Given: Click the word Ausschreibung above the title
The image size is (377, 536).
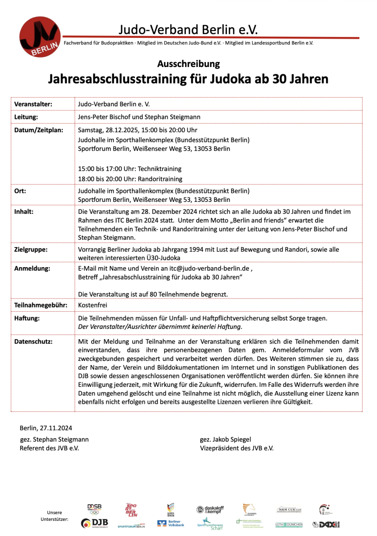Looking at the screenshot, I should (188, 64).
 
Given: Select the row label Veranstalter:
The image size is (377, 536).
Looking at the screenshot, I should (33, 104).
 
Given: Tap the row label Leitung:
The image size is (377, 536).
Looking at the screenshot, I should (27, 117).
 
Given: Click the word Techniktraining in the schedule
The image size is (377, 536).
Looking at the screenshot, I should (159, 169).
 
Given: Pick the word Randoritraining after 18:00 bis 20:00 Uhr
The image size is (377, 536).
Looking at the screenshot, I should (160, 179).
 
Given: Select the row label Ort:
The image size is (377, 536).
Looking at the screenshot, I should (21, 191).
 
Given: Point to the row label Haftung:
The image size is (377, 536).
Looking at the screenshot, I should (28, 318).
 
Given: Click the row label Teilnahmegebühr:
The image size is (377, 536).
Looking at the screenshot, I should (41, 305).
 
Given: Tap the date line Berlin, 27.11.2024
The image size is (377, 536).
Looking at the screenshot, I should (46, 428).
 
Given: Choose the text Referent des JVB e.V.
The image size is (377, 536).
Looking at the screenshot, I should (49, 448).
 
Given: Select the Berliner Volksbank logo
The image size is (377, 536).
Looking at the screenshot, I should (171, 523).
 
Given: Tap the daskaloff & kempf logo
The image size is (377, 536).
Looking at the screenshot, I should (210, 509).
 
